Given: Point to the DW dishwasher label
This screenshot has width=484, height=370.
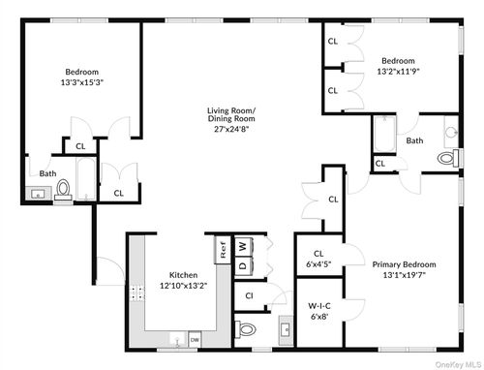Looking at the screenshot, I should coord(195,339).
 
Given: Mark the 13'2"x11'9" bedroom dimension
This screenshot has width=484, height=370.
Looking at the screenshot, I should coord(397,70).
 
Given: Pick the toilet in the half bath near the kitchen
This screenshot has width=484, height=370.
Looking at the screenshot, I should coord(246,330).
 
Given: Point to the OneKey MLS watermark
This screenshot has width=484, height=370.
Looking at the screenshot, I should coord(455,364).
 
